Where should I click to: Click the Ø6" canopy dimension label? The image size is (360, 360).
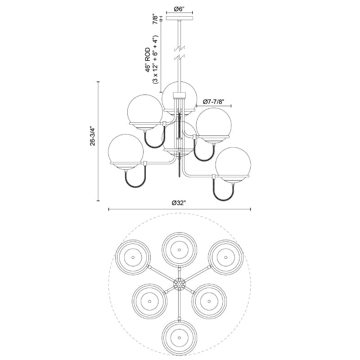[179, 9]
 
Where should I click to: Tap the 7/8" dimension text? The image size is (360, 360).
[156, 19]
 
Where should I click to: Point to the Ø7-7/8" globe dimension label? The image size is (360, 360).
[213, 102]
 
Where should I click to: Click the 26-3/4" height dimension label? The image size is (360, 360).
[93, 136]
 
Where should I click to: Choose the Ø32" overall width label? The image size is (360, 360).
[179, 203]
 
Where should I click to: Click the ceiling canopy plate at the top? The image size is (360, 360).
[179, 18]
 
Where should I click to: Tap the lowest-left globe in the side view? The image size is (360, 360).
[126, 152]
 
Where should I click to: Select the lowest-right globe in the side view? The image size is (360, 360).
[233, 165]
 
